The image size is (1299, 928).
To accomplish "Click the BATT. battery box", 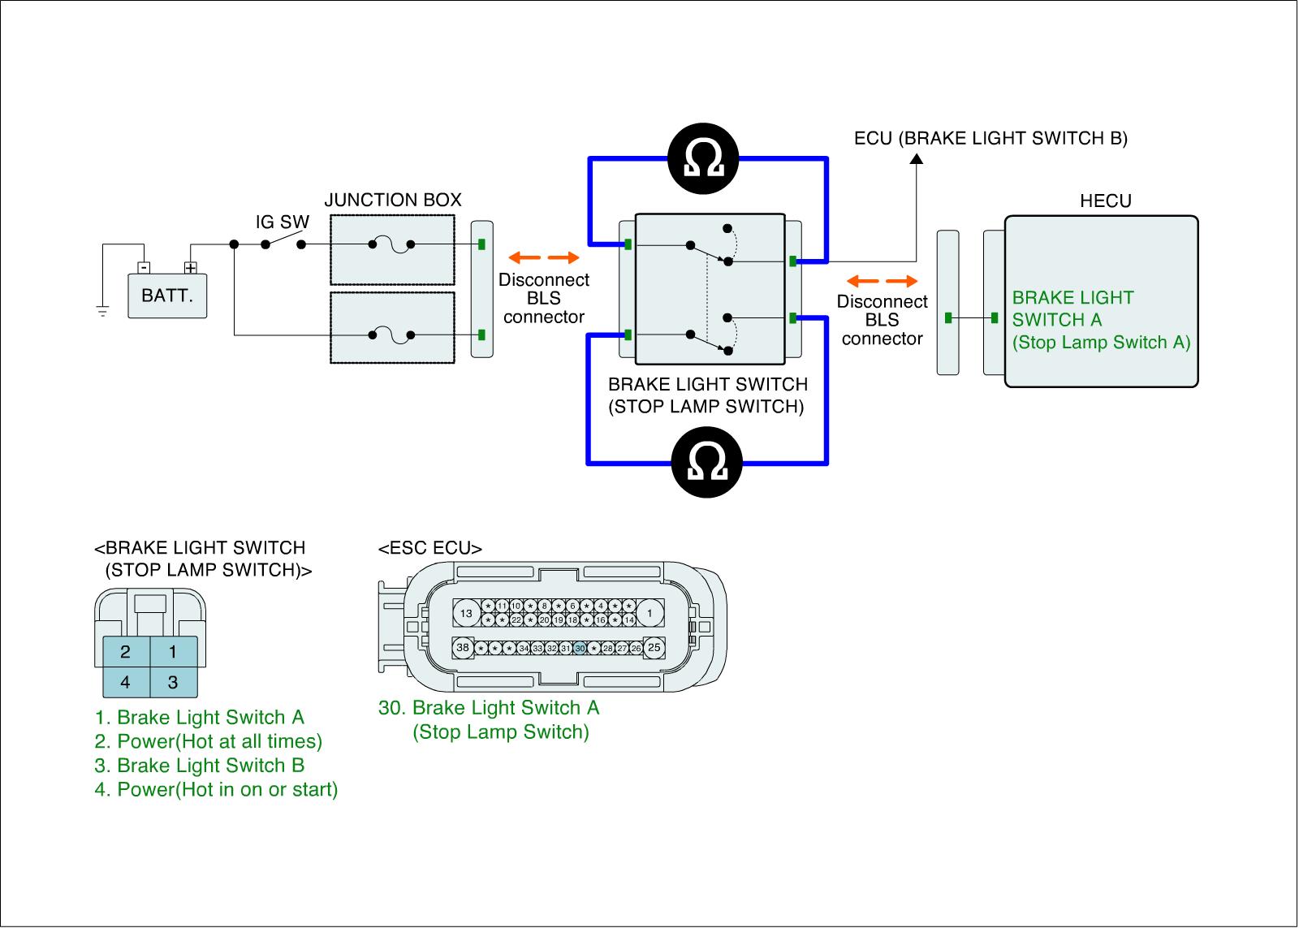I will pyautogui.click(x=167, y=295).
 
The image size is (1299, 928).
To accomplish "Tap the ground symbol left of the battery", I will pyautogui.click(x=102, y=309).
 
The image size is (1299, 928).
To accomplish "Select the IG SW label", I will pyautogui.click(x=283, y=222).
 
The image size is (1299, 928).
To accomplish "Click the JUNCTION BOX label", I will pyautogui.click(x=393, y=200).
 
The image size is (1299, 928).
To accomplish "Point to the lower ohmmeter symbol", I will pyautogui.click(x=706, y=464).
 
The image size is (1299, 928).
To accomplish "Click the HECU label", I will pyautogui.click(x=1105, y=201).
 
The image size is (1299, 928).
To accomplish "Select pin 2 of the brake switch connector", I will pyautogui.click(x=126, y=651).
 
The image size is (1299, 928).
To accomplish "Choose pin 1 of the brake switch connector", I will pyautogui.click(x=173, y=651).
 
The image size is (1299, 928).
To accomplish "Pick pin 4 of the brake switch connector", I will pyautogui.click(x=126, y=682).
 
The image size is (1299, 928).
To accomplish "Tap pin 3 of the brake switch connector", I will pyautogui.click(x=173, y=682).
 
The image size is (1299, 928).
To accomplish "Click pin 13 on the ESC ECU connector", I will pyautogui.click(x=466, y=614).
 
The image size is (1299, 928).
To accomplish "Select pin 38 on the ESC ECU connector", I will pyautogui.click(x=463, y=648).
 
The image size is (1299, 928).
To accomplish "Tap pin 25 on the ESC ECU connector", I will pyautogui.click(x=654, y=648).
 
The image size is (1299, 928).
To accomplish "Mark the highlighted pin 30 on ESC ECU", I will pyautogui.click(x=580, y=649).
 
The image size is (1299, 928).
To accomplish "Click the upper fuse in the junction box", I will pyautogui.click(x=391, y=244).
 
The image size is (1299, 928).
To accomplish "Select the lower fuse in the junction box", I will pyautogui.click(x=391, y=335).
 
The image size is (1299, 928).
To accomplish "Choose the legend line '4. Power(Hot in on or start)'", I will pyautogui.click(x=216, y=789).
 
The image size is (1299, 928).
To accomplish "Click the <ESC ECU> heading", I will pyautogui.click(x=429, y=549).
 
